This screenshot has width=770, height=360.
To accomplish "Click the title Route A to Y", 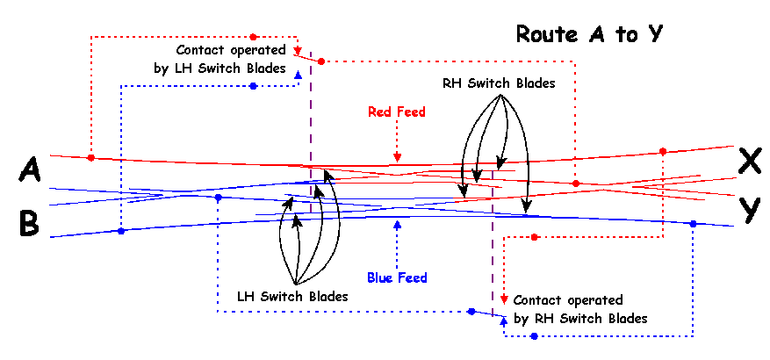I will [x=588, y=34].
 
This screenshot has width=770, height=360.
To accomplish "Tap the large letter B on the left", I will [x=29, y=224].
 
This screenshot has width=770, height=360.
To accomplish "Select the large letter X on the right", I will [x=749, y=161].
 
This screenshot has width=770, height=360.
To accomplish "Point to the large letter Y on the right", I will [x=749, y=210].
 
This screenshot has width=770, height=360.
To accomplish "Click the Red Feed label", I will [x=397, y=112].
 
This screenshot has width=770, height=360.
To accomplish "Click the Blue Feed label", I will [x=398, y=278].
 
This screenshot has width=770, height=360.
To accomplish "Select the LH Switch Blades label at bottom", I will [x=292, y=297].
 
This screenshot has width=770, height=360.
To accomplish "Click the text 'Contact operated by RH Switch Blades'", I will [x=580, y=309].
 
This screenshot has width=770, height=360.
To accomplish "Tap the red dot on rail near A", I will [x=91, y=158].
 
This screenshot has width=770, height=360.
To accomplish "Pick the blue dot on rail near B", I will [x=121, y=231].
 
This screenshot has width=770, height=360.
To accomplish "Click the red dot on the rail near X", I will [x=663, y=150].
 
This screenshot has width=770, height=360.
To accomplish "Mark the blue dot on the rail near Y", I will [x=693, y=224].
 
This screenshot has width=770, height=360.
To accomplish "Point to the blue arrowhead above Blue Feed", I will [x=398, y=225].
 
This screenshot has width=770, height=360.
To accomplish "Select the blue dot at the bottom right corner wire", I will [x=534, y=336].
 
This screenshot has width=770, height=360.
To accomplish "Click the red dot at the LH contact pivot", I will [x=321, y=61].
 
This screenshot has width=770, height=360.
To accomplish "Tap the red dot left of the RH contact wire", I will [x=534, y=237].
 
